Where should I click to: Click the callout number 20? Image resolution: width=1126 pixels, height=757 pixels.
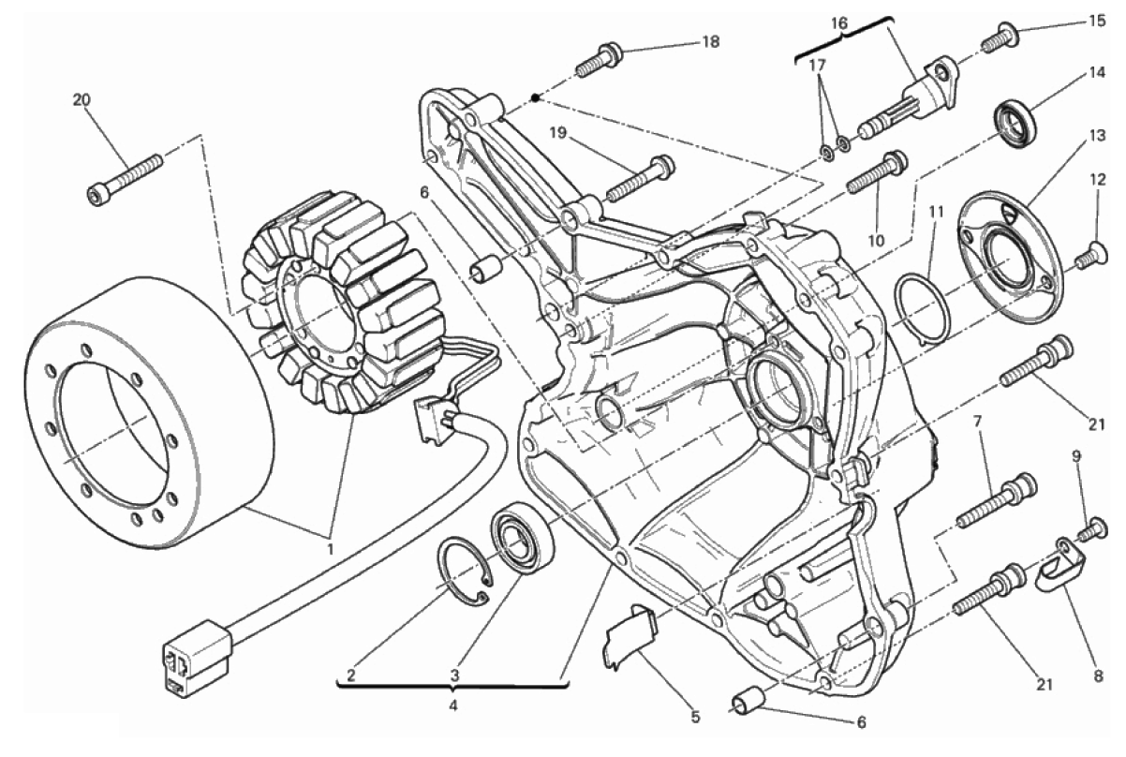click(81, 99)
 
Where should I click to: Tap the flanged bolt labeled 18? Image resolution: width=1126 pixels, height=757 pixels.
click(597, 58)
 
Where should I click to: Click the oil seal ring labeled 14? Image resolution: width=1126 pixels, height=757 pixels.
click(1015, 122)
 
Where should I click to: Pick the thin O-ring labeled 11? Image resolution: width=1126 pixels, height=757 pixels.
click(923, 306)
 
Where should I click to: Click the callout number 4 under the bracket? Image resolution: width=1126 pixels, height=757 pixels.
click(453, 705)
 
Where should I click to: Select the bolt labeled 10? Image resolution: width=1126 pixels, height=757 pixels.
click(877, 173)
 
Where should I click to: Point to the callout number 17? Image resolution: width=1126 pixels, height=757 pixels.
click(817, 66)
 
